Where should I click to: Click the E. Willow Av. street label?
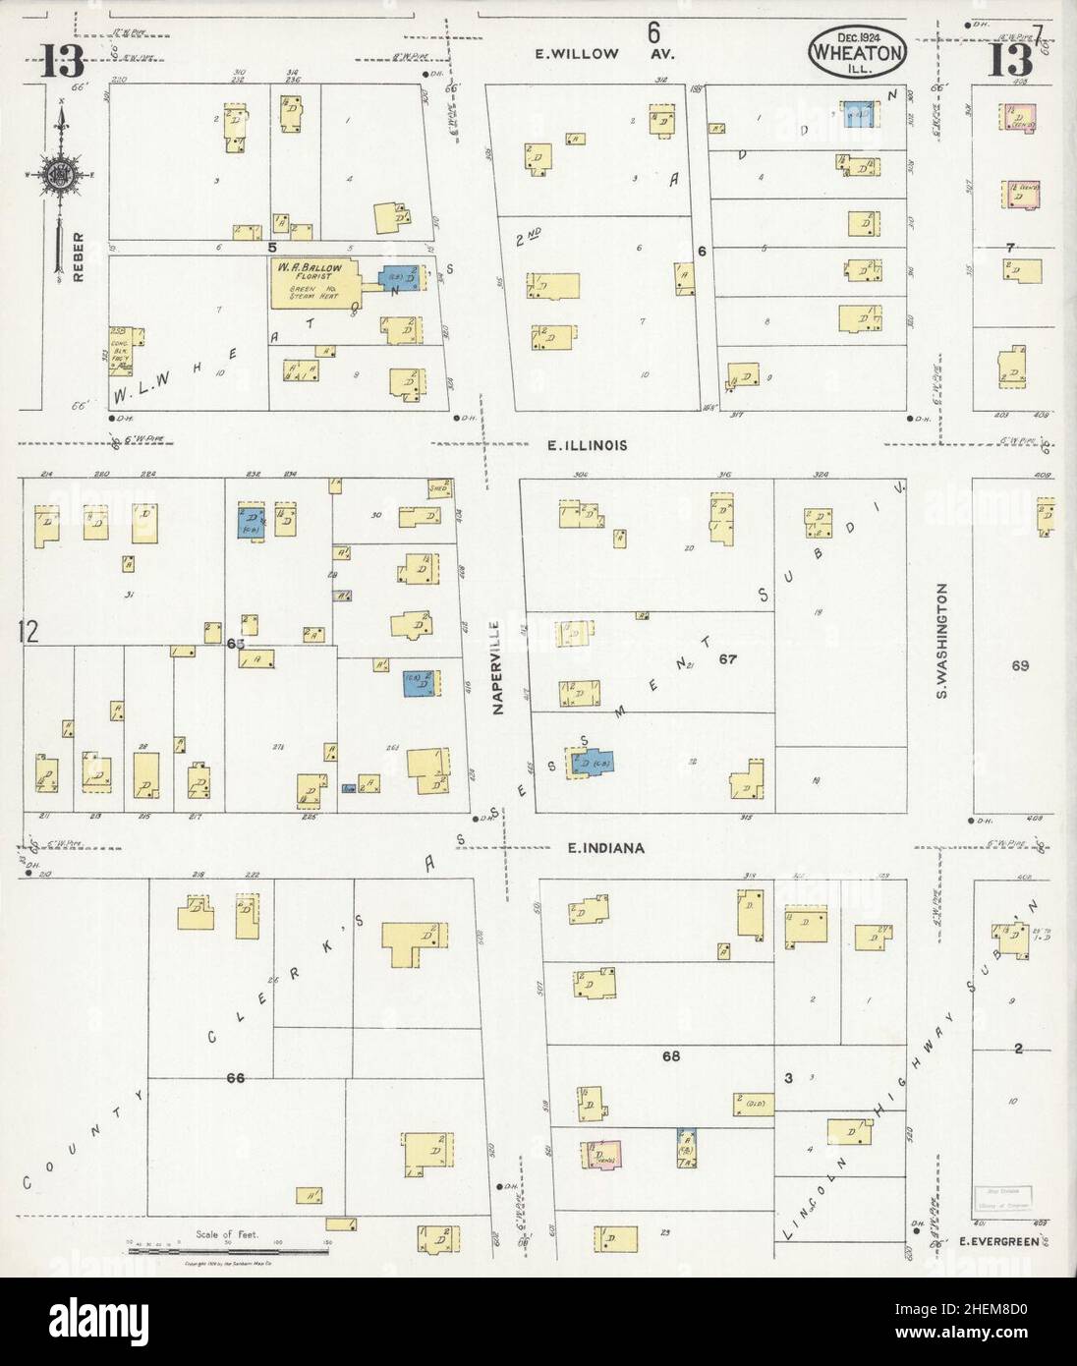point(586,54)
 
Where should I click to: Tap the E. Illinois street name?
point(587,445)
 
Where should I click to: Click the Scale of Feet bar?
point(228,1244)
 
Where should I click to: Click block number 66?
point(235,1078)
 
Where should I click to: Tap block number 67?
point(727,657)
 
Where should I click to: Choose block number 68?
point(671,1056)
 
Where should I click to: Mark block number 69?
point(1019,665)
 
